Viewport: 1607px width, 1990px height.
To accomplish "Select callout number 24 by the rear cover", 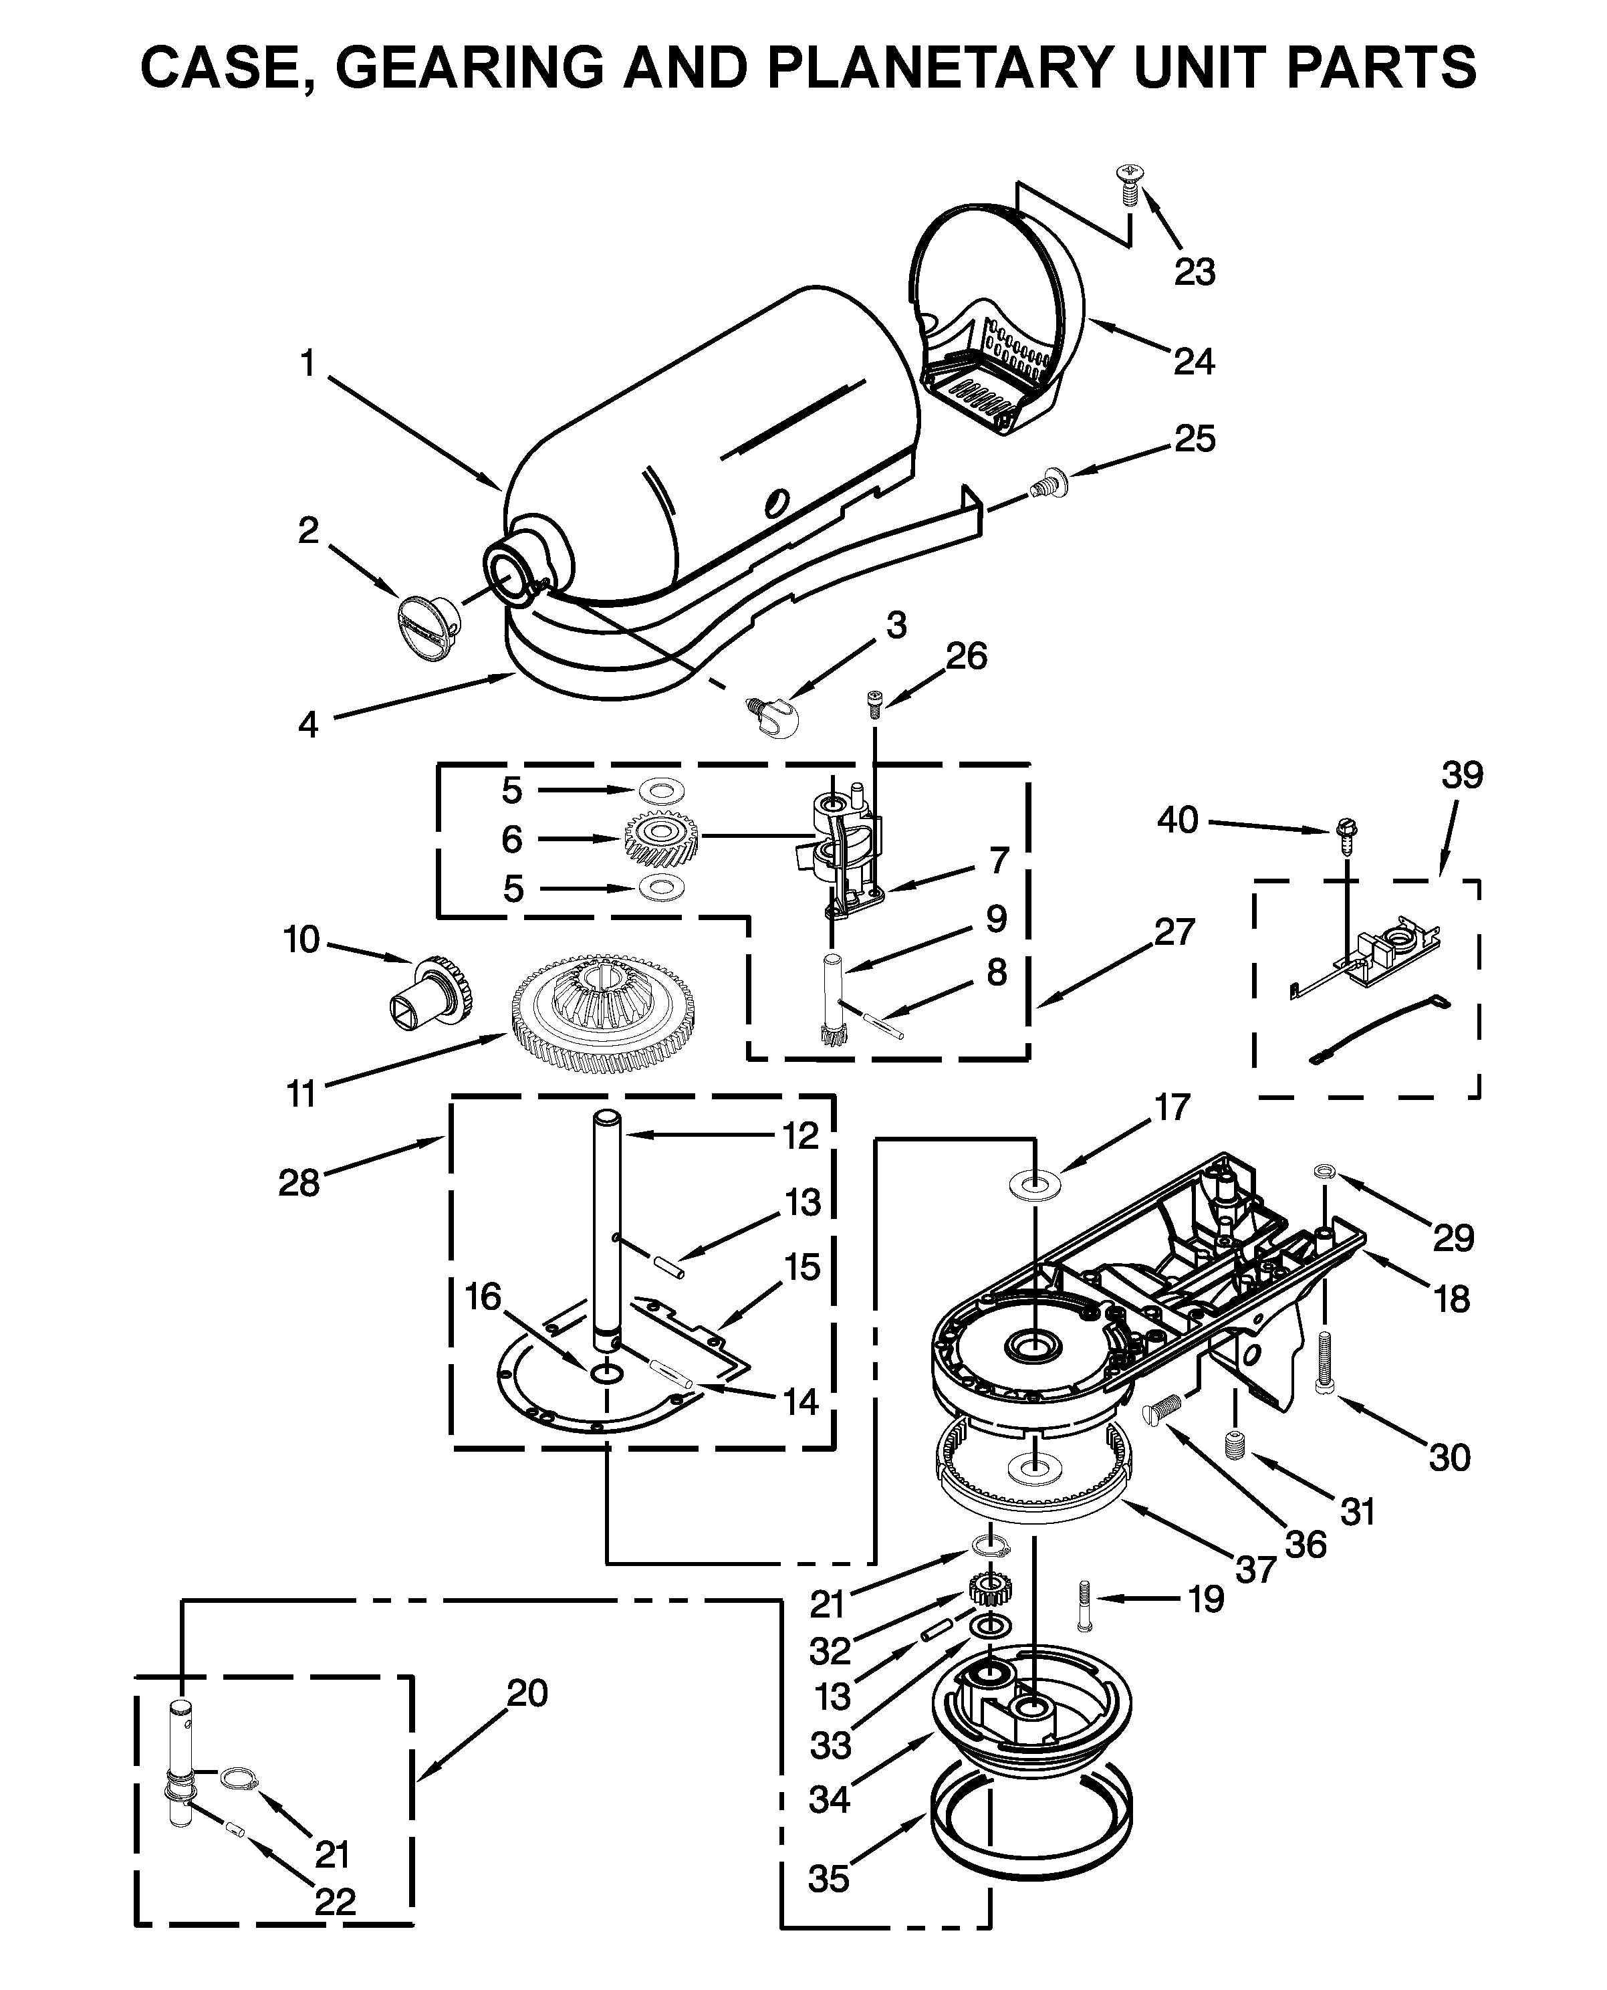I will [1193, 361].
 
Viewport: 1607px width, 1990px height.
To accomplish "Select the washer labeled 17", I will [1035, 1184].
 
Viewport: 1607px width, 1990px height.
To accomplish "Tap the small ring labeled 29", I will [1324, 1174].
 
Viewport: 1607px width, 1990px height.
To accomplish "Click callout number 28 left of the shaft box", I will [299, 1182].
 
